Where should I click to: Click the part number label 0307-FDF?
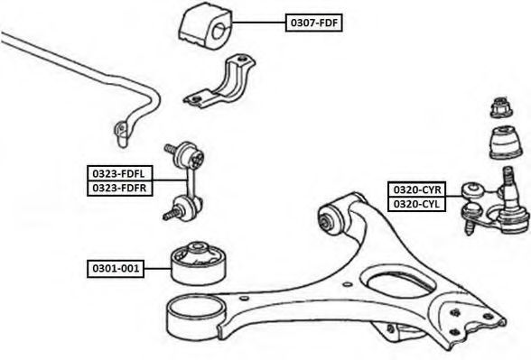pos(313,23)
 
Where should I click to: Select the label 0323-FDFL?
pos(120,173)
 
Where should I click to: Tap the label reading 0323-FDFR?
pos(120,188)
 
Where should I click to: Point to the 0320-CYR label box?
pos(416,189)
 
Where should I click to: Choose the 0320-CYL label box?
pos(416,204)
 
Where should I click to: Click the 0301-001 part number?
pos(116,269)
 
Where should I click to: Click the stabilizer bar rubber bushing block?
pos(205,25)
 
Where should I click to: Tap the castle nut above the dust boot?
pos(501,107)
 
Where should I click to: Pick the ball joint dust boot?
pos(506,143)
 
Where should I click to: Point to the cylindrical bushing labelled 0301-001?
pos(198,263)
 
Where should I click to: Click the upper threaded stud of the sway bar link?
pos(171,149)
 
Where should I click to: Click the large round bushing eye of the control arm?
pos(195,316)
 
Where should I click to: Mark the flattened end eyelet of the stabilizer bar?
pos(121,133)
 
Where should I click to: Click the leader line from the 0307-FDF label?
pos(258,23)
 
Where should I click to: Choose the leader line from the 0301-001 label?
pos(157,269)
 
